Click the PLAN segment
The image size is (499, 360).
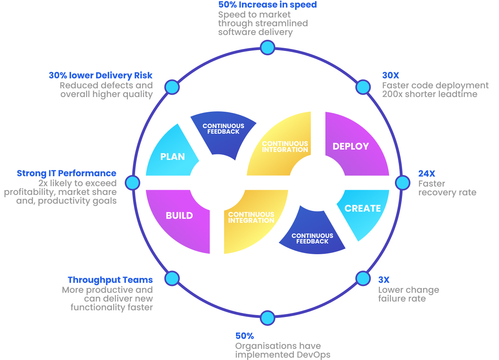click(172, 156)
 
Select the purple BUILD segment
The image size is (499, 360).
click(179, 216)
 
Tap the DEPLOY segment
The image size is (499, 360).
click(351, 146)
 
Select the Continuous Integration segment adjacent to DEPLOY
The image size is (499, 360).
click(284, 146)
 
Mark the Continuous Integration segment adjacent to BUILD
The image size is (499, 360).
click(251, 218)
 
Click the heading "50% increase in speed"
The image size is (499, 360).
click(267, 5)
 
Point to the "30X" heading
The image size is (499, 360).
click(391, 75)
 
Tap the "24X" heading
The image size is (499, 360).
click(427, 173)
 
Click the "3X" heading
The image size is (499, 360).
click(384, 280)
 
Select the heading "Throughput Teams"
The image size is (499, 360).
click(110, 280)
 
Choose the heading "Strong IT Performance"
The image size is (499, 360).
click(66, 173)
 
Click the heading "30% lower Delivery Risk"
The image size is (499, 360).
click(101, 75)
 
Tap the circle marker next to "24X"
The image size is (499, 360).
click(402, 183)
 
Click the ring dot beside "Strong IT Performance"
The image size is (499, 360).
click(132, 183)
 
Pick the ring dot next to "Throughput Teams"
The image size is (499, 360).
click(172, 278)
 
